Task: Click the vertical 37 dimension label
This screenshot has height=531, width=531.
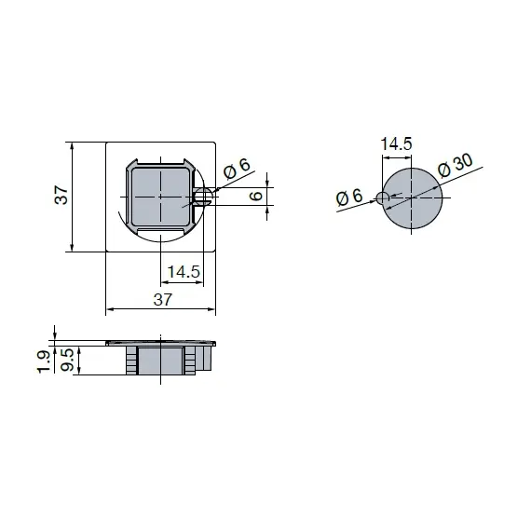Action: (61, 196)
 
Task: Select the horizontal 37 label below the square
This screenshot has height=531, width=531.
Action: (162, 299)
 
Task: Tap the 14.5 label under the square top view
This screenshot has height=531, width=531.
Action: (183, 272)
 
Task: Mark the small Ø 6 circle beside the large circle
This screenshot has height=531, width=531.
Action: (382, 197)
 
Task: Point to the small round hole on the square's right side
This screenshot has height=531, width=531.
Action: (204, 196)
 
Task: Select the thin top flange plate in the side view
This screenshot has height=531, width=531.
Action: (162, 343)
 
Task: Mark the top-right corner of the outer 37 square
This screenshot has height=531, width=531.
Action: (217, 143)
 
